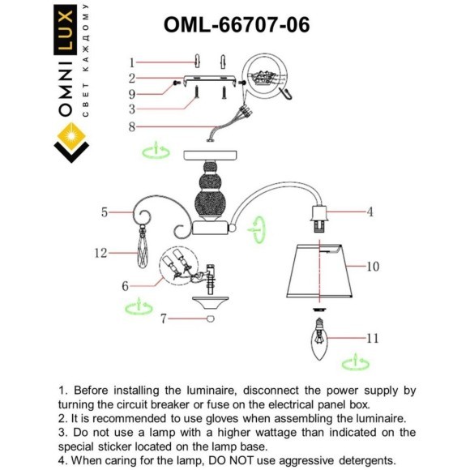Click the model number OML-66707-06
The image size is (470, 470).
(236, 25)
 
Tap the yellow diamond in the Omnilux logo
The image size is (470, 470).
(70, 131)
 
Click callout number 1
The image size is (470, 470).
(131, 62)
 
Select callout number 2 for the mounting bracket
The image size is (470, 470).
(131, 79)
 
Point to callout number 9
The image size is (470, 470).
(131, 93)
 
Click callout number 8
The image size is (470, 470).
(131, 126)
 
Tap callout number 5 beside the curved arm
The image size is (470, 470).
(105, 212)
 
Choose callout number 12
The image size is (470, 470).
(100, 254)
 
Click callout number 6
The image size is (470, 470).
(125, 285)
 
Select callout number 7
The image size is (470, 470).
(163, 319)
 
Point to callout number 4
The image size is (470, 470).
(369, 212)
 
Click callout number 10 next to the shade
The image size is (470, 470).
(373, 266)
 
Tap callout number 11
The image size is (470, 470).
(372, 339)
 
